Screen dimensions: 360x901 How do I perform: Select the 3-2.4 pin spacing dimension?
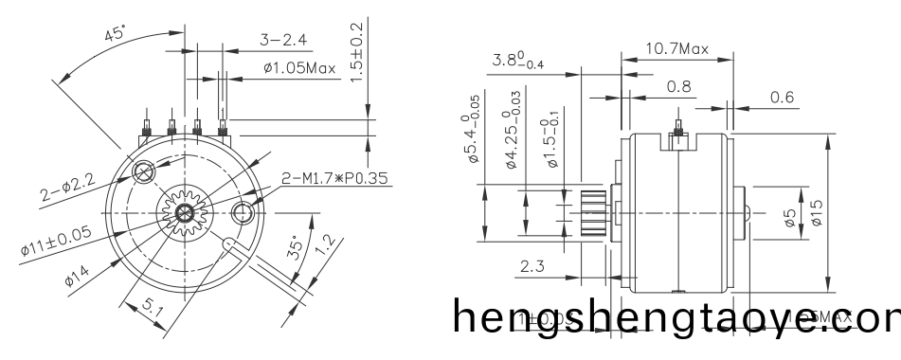pos(283,40)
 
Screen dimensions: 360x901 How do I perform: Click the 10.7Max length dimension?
pos(676,47)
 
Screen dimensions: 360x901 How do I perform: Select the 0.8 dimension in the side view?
pos(678,86)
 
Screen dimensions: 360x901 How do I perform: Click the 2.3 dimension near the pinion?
pos(532,269)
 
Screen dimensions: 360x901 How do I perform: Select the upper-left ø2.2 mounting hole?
pos(144,171)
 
